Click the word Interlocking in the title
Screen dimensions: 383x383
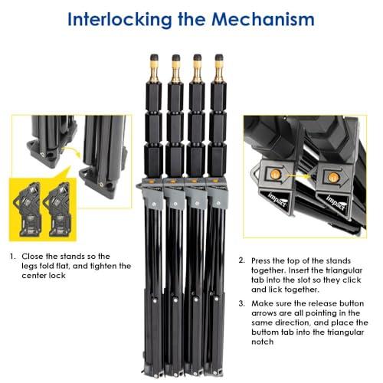119,20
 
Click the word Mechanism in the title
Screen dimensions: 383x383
263,19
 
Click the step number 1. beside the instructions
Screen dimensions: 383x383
13,256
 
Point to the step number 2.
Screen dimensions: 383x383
242,260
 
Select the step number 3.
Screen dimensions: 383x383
242,303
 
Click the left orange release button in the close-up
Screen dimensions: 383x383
275,174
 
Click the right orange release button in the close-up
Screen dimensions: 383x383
333,177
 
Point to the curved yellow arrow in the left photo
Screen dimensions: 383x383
72,151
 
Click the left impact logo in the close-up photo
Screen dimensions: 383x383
278,200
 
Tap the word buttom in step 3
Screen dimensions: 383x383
265,332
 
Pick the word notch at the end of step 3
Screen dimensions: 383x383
263,342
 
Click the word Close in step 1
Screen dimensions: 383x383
32,256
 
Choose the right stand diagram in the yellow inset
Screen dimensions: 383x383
57,209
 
